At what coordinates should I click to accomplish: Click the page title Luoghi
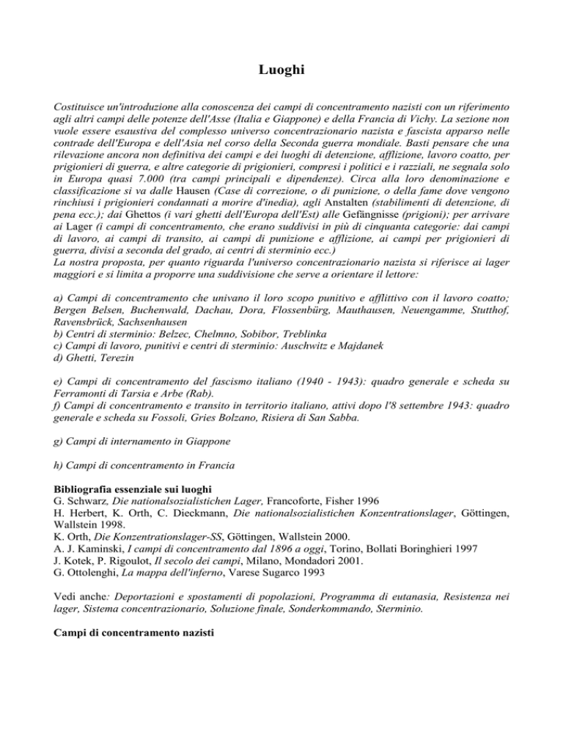tap(281, 71)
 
